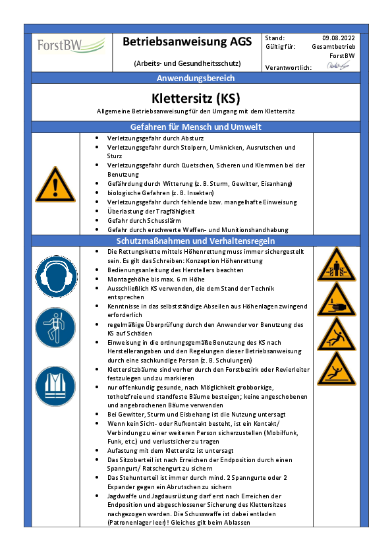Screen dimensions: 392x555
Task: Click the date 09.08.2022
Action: [x=339, y=38]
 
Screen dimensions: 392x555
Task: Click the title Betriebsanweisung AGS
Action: [x=187, y=42]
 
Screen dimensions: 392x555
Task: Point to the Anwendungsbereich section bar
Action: [x=196, y=78]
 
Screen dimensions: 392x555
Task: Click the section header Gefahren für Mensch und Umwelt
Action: [x=196, y=127]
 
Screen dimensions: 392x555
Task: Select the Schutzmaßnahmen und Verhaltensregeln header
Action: [x=196, y=241]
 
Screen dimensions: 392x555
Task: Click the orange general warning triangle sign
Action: [x=55, y=185]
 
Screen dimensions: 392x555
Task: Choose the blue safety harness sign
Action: [x=55, y=327]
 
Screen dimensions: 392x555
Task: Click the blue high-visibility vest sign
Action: [x=55, y=382]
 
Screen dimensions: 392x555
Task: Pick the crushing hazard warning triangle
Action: [x=337, y=265]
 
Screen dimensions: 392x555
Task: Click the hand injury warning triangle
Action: [x=337, y=300]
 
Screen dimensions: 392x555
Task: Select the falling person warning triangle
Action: [x=337, y=334]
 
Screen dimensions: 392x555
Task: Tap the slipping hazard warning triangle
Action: [x=337, y=368]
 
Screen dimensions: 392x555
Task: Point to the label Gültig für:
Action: [x=280, y=47]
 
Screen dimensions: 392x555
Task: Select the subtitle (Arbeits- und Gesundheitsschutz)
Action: [x=187, y=63]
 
